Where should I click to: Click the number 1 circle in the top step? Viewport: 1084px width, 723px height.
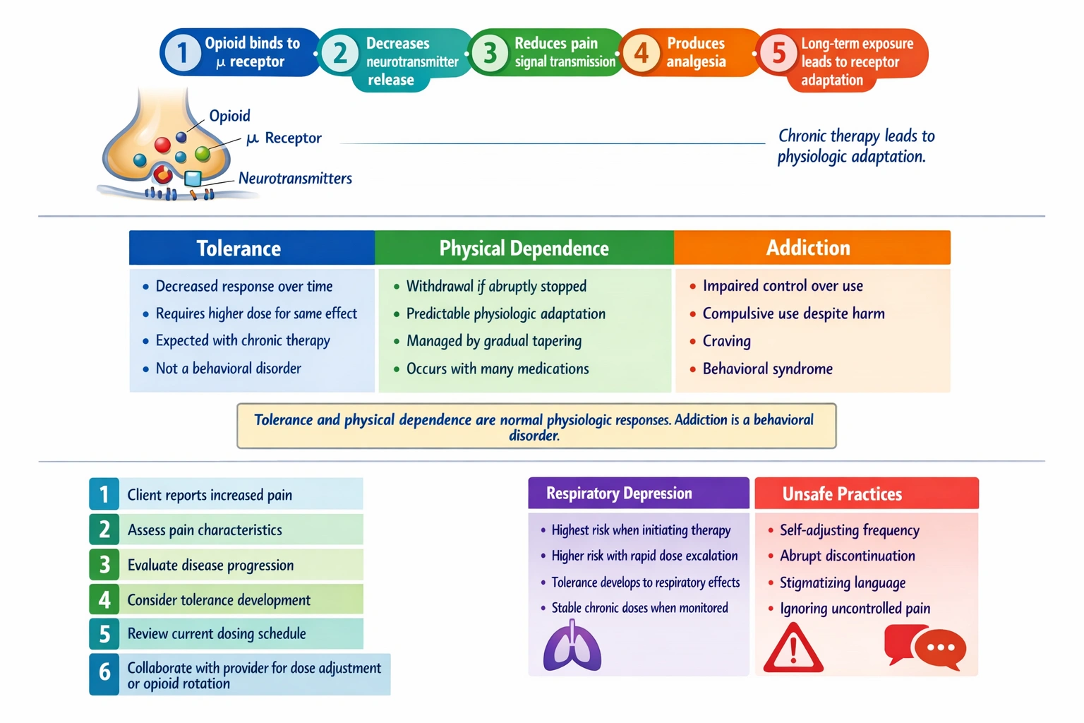(x=182, y=52)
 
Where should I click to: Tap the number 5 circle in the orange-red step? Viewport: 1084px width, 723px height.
(x=778, y=53)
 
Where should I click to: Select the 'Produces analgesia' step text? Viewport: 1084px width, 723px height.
(x=696, y=52)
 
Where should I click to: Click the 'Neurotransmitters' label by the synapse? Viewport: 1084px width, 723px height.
(x=295, y=179)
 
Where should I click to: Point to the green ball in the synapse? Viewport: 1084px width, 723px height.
(x=203, y=153)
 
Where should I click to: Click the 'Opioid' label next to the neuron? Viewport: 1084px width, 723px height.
(x=229, y=116)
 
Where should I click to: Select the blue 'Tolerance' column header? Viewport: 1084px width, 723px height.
(x=239, y=249)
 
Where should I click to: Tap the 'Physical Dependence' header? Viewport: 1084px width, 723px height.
(x=524, y=249)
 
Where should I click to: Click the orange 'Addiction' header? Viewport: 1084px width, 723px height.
(x=809, y=248)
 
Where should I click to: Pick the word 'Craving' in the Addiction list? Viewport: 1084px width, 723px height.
(x=726, y=341)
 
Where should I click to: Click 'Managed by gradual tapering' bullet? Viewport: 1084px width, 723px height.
(x=493, y=341)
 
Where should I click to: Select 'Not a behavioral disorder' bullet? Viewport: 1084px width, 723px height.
(x=228, y=369)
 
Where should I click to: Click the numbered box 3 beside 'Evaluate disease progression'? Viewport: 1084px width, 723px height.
(x=104, y=565)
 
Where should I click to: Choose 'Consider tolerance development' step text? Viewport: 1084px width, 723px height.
(x=219, y=600)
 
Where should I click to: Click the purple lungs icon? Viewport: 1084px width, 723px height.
(x=572, y=646)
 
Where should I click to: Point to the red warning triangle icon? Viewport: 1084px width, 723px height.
(x=793, y=647)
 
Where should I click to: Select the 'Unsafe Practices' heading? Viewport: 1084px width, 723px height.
(x=842, y=494)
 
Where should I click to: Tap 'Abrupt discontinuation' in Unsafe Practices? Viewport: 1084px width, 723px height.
(x=847, y=556)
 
